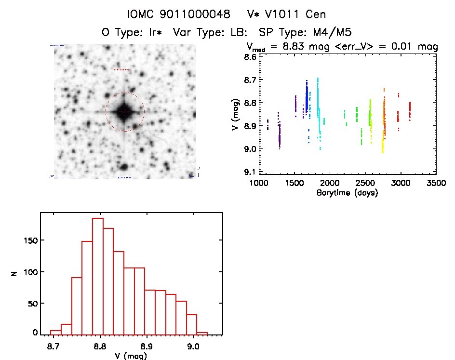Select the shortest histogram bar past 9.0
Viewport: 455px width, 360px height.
pos(202,333)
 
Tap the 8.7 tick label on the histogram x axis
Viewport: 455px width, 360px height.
pos(54,346)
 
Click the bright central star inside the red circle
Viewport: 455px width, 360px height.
pos(124,111)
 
